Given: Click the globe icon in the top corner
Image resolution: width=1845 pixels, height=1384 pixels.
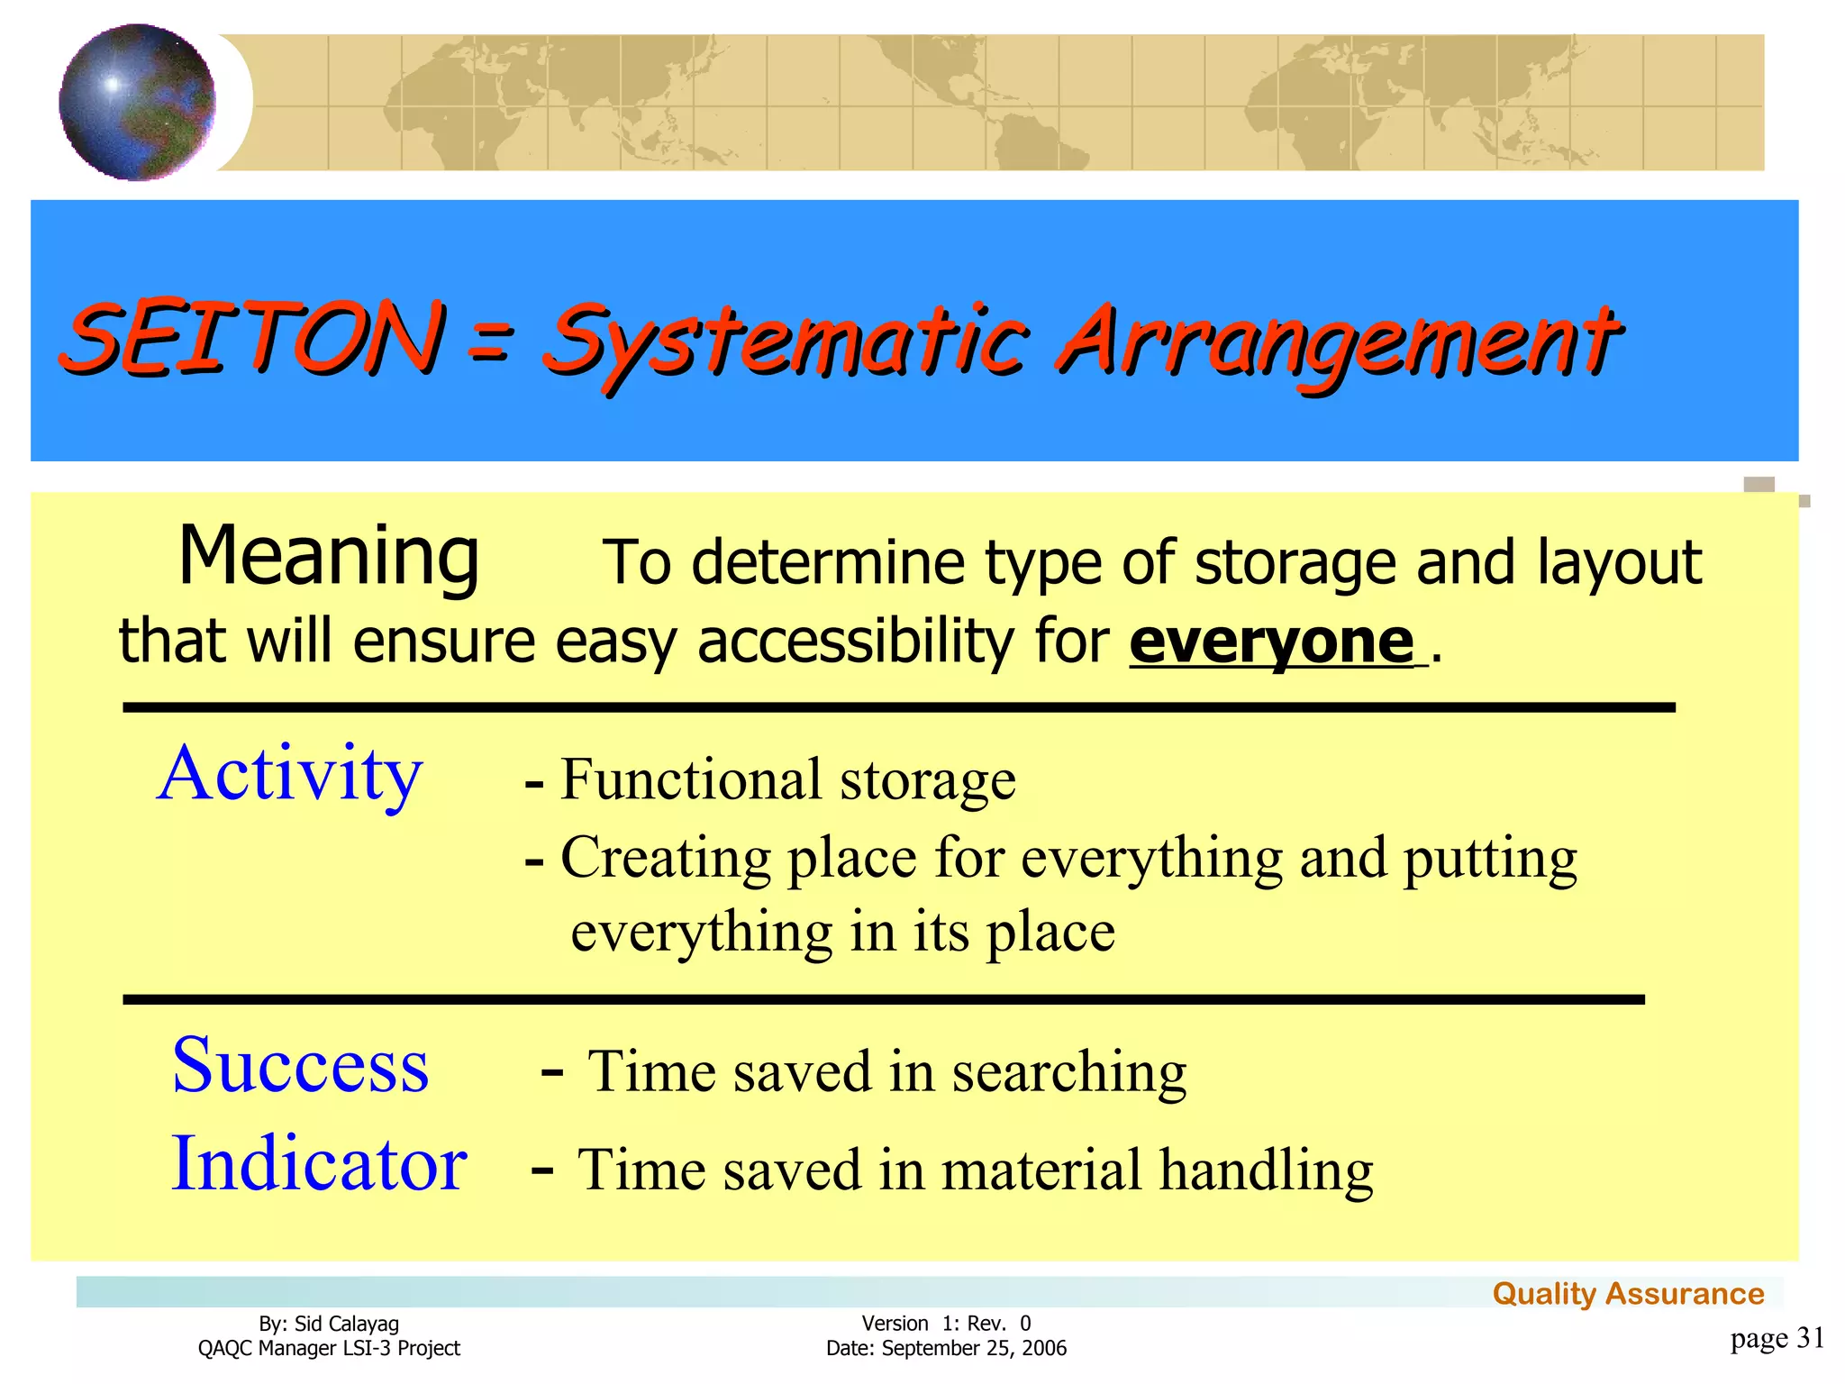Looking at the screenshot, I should [x=137, y=102].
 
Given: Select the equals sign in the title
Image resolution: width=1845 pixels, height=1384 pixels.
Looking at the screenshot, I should [x=491, y=343].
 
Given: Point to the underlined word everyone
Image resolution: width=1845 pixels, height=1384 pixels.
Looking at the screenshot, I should [x=1272, y=642].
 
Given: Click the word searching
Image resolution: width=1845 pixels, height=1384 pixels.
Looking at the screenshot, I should [x=1069, y=1072].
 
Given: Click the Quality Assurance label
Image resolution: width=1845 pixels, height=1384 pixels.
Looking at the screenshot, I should [x=1628, y=1294].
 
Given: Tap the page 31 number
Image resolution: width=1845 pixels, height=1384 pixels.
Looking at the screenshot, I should [x=1777, y=1338].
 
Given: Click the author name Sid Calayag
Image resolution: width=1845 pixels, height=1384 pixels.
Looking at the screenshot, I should [x=346, y=1324].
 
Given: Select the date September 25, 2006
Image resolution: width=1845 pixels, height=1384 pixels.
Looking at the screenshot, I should [x=973, y=1348].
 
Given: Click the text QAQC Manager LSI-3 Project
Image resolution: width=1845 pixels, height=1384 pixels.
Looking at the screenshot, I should [x=329, y=1348].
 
